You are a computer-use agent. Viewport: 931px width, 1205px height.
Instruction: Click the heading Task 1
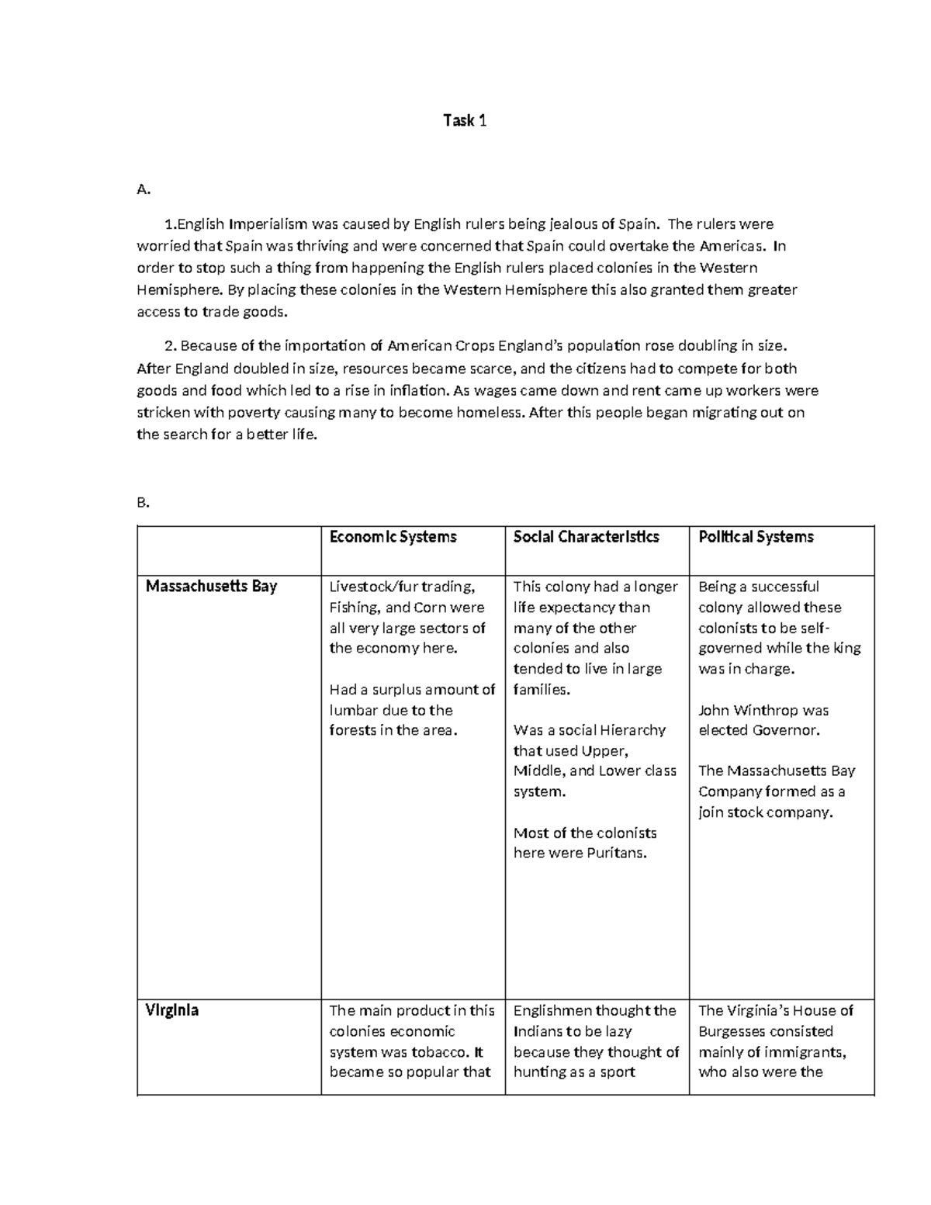tap(465, 120)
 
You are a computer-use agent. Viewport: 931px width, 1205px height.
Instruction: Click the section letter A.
tap(142, 189)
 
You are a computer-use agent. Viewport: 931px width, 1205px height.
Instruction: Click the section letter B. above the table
tap(142, 503)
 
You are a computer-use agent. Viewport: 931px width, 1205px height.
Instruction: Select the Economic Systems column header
tap(393, 537)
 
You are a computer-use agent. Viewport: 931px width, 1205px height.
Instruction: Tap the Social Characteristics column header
tap(586, 537)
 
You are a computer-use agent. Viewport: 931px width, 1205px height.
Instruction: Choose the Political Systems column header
tap(756, 537)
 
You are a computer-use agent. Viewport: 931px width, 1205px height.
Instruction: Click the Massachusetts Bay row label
tap(211, 587)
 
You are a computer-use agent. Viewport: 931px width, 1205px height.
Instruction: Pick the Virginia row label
tap(172, 1011)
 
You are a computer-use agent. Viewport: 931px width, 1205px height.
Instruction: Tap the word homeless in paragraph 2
tap(490, 413)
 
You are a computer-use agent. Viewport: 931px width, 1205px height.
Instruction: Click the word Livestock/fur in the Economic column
tap(374, 587)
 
